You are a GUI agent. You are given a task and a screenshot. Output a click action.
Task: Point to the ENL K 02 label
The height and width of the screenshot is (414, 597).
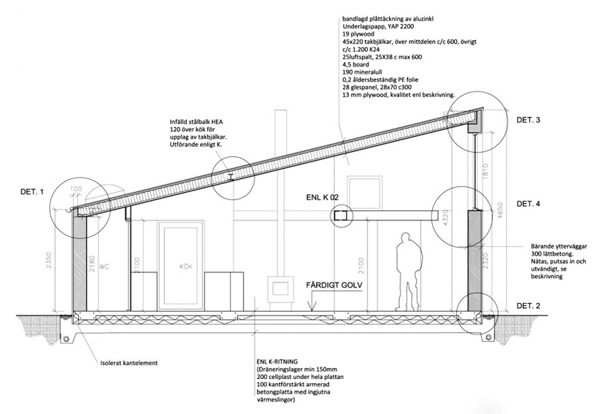[x=326, y=198]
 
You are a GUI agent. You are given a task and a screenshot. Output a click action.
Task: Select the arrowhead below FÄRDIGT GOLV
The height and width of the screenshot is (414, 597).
[x=312, y=310]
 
